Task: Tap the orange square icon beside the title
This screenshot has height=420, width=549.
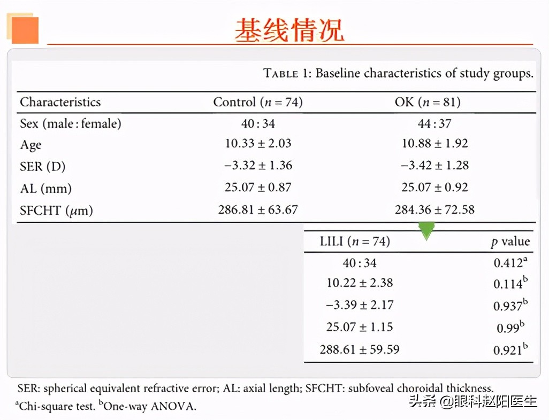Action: pos(24,29)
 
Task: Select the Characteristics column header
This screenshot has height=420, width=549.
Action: pos(60,102)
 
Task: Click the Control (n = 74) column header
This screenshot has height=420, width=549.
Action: pos(258,102)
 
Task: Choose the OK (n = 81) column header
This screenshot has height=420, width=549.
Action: pos(427,102)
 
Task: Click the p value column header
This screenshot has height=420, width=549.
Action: pos(510,242)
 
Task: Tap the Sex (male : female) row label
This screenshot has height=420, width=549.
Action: pos(71,124)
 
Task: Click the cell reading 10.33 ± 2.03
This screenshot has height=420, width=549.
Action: pos(258,144)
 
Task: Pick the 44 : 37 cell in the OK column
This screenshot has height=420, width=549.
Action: pos(434,124)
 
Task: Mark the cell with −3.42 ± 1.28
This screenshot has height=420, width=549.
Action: pos(434,165)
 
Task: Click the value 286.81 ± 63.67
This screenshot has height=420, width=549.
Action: pos(258,210)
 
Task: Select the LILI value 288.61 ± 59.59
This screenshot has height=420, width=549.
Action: pos(360,349)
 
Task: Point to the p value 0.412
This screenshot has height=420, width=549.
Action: pos(510,263)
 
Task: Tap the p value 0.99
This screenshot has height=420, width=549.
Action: pos(510,328)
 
